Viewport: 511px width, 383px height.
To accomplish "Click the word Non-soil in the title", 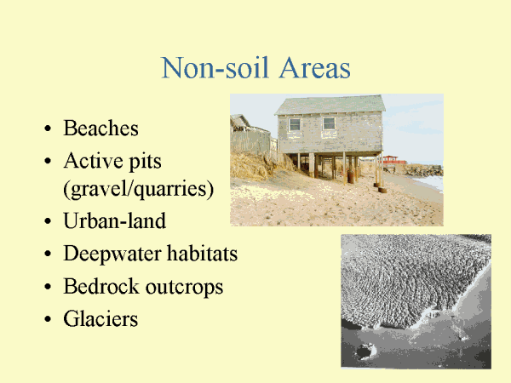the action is [215, 68].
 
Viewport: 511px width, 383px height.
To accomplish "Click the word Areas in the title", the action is [315, 68].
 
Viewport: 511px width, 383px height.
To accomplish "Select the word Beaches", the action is [101, 128].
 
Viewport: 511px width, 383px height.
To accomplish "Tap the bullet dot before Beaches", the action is [48, 129].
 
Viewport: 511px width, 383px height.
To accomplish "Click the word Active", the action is [94, 161].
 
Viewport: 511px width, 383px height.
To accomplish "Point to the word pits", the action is [146, 162].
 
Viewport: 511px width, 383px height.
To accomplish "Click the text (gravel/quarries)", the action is [139, 189].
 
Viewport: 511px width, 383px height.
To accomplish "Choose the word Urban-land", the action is [115, 220].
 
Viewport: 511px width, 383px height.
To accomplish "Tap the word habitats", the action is [203, 253].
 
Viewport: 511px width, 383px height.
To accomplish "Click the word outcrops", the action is [184, 288].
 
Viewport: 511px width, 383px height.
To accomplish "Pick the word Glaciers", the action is [100, 318].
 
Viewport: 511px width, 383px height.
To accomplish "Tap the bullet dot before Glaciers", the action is [48, 319].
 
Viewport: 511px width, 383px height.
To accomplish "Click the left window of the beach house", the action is [295, 125].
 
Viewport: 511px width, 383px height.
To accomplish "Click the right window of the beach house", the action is [329, 123].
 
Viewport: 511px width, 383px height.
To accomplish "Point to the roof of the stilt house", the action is [330, 105].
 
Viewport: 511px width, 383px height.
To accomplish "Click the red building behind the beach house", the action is [393, 160].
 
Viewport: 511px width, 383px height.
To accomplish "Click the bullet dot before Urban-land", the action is [48, 221].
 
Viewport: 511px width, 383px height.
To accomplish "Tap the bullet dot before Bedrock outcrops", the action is [48, 287].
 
